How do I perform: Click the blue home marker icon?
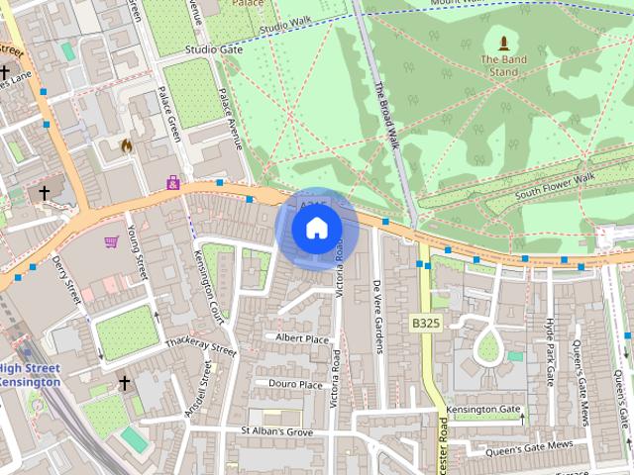click(x=316, y=229)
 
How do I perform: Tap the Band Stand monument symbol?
click(x=503, y=44)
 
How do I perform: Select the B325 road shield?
click(x=426, y=324)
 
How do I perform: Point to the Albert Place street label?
click(x=302, y=338)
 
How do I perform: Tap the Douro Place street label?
click(x=295, y=384)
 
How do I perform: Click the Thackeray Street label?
click(x=201, y=346)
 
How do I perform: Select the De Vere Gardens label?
click(x=377, y=314)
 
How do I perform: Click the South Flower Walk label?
click(x=555, y=185)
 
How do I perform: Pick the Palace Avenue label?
click(x=230, y=119)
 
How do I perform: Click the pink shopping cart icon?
click(x=111, y=241)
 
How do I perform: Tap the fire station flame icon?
click(x=126, y=145)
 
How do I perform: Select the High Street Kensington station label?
click(x=29, y=375)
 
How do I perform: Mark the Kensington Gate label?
click(x=482, y=410)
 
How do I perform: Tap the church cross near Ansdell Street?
click(x=125, y=382)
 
